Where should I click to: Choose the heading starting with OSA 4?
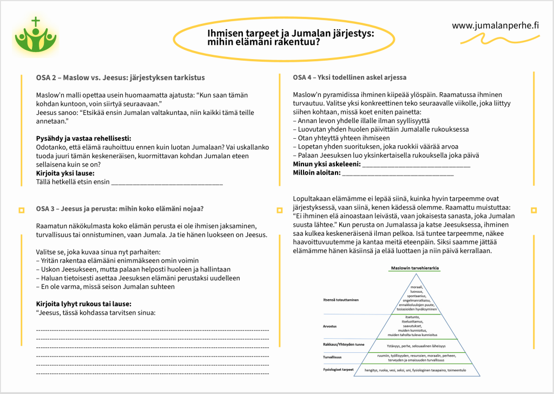click(349, 77)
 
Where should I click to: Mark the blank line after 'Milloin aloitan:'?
click(398, 173)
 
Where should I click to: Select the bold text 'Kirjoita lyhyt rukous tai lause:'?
click(83, 303)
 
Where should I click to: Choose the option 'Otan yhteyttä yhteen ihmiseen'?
click(345, 138)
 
